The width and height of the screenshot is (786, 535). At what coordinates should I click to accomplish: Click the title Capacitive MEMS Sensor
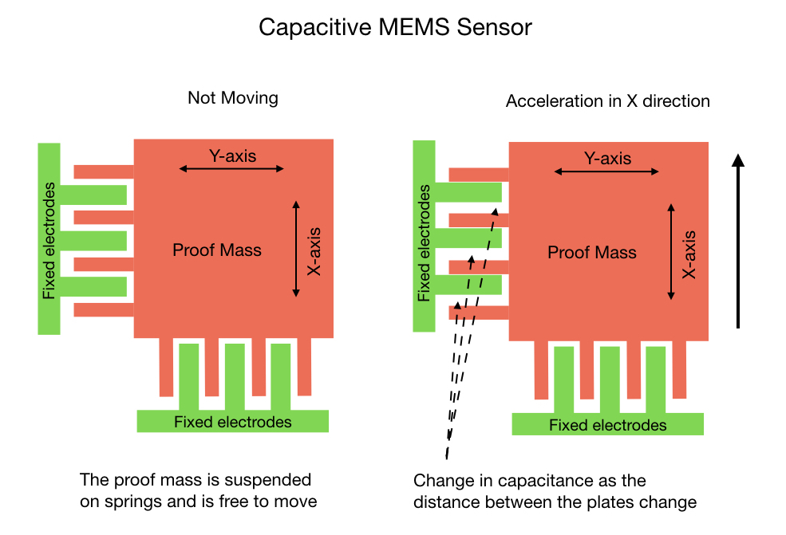pos(395,28)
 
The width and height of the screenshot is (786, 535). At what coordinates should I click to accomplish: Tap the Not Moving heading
pos(232,98)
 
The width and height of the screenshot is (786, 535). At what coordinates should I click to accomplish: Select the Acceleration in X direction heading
pos(607,100)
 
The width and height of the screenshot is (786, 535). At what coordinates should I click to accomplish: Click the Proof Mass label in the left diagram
pos(217,250)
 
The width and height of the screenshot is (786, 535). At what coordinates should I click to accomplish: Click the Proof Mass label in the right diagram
pos(592,253)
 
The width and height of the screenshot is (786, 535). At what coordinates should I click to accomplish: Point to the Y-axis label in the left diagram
pos(232,156)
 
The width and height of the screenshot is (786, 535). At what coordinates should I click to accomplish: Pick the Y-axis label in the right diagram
pos(607,159)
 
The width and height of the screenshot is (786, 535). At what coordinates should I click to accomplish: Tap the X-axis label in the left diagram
pos(314,251)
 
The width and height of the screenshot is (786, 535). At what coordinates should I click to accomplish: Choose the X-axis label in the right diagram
pos(689,254)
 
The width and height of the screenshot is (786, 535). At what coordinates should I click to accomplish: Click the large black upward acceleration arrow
pos(738,241)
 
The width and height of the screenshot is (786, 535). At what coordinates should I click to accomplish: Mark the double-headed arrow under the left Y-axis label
pos(231,169)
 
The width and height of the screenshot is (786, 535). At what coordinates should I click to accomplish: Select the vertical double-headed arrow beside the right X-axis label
pos(671,252)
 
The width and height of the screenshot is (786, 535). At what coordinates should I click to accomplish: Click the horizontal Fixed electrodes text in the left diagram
pos(232,423)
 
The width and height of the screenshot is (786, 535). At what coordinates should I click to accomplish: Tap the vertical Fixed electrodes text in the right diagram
pos(424,243)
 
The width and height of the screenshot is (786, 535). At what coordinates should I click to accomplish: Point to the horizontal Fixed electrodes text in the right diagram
pos(607,425)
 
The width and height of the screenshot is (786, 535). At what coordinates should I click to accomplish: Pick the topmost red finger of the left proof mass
pos(104,171)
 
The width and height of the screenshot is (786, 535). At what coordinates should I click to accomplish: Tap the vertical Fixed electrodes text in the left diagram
pos(49,241)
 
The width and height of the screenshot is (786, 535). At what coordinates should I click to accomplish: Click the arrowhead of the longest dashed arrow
pos(495,212)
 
